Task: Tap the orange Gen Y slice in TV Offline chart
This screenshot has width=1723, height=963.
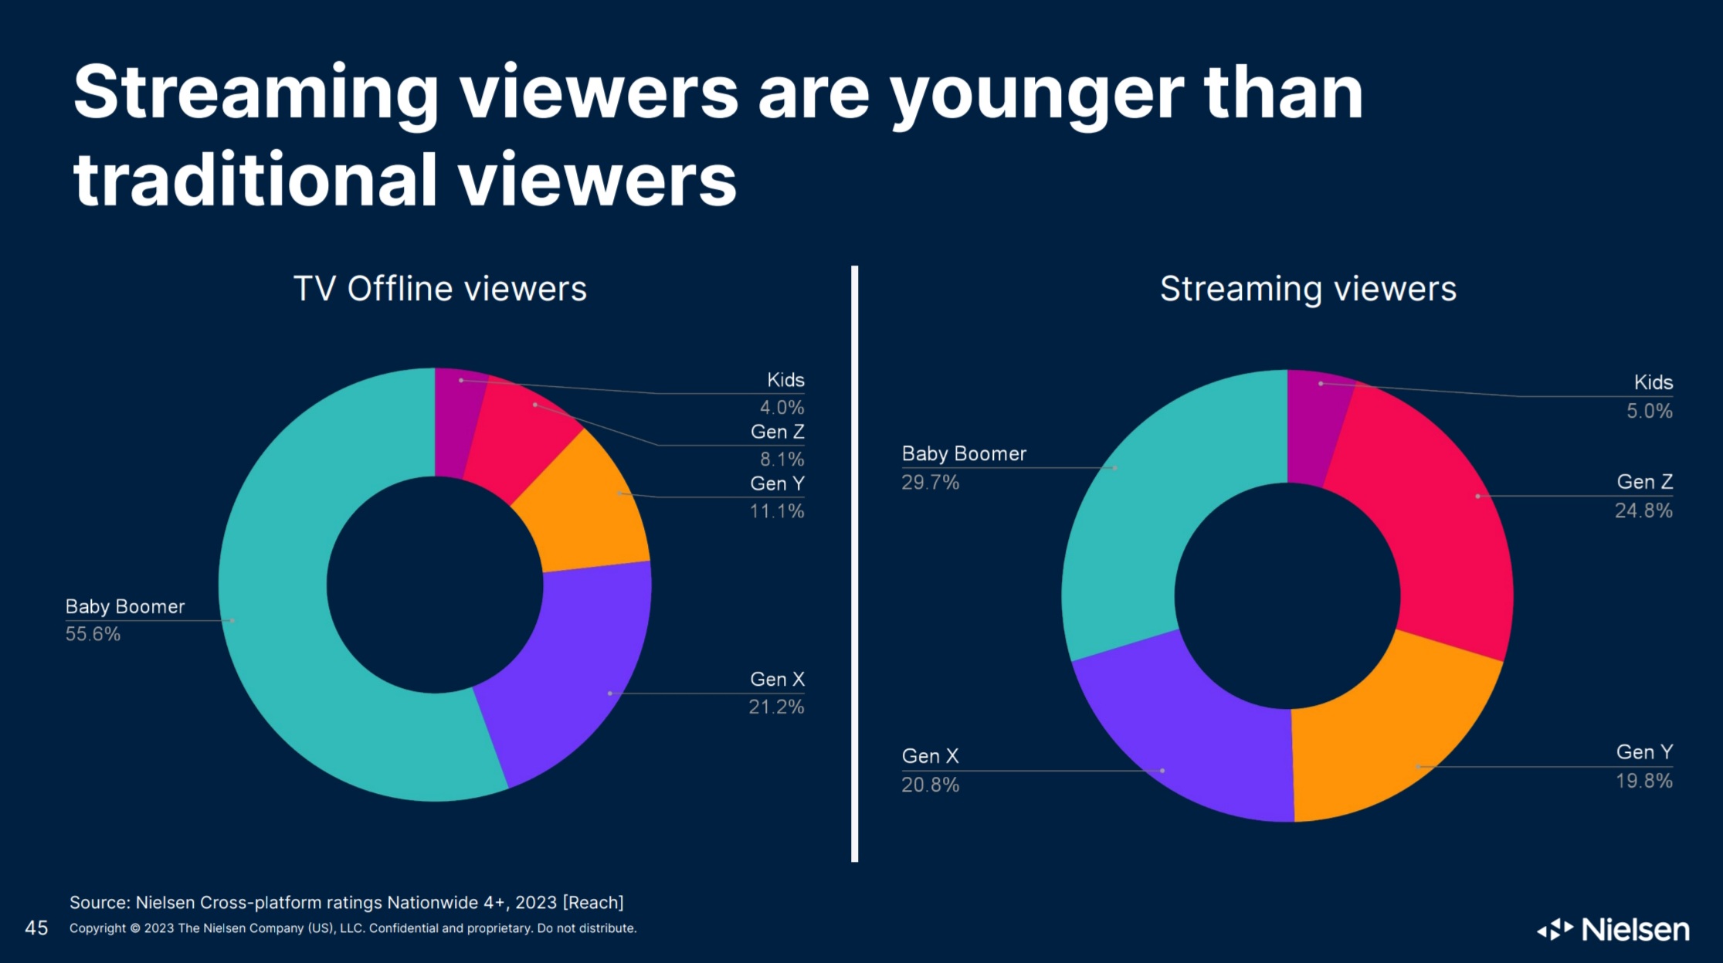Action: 587,510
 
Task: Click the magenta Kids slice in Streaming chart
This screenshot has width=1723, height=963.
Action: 1313,425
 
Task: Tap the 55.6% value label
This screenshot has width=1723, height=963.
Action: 93,634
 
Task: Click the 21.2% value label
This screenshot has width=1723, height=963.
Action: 776,707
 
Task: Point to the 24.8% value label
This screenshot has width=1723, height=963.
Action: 1643,510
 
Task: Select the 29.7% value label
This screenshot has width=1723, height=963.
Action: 930,483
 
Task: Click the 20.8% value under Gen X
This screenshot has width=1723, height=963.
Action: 930,785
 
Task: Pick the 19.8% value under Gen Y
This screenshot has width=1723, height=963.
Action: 1643,781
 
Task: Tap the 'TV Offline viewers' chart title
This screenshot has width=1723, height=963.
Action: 440,289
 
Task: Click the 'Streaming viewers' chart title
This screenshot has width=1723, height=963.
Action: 1308,289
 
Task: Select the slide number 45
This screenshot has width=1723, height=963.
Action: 36,927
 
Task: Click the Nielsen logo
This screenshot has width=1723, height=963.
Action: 1613,929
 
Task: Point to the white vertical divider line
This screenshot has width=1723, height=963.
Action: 854,564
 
